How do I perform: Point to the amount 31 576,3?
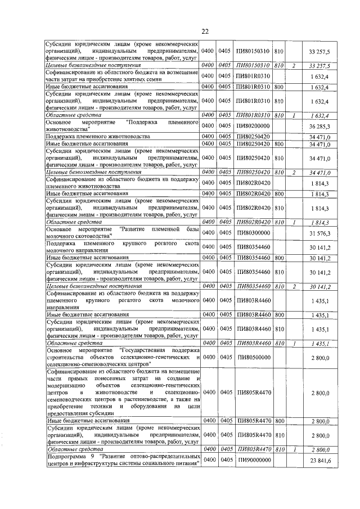(319, 233)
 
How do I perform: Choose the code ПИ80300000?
(253, 233)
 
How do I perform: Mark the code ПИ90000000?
(253, 461)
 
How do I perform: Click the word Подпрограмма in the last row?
(65, 457)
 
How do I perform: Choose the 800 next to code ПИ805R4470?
(278, 420)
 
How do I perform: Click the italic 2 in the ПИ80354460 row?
(294, 286)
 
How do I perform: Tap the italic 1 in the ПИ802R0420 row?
(294, 222)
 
